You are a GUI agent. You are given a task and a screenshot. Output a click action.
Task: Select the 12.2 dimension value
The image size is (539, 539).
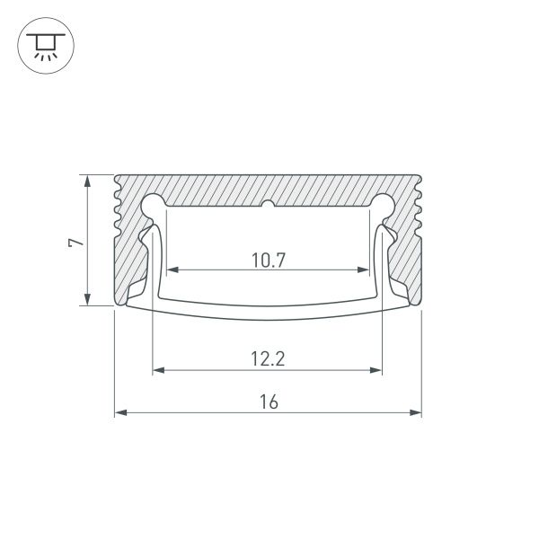click(269, 359)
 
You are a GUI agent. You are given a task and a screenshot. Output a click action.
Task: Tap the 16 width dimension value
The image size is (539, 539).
click(269, 403)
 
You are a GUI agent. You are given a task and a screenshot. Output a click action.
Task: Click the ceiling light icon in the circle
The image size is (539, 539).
click(42, 45)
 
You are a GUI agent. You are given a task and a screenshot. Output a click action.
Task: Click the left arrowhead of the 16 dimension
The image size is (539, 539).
click(120, 413)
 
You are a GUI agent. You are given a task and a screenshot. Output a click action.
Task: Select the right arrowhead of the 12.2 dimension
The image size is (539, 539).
click(377, 368)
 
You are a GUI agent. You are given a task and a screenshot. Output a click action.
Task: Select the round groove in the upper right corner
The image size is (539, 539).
click(384, 204)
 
